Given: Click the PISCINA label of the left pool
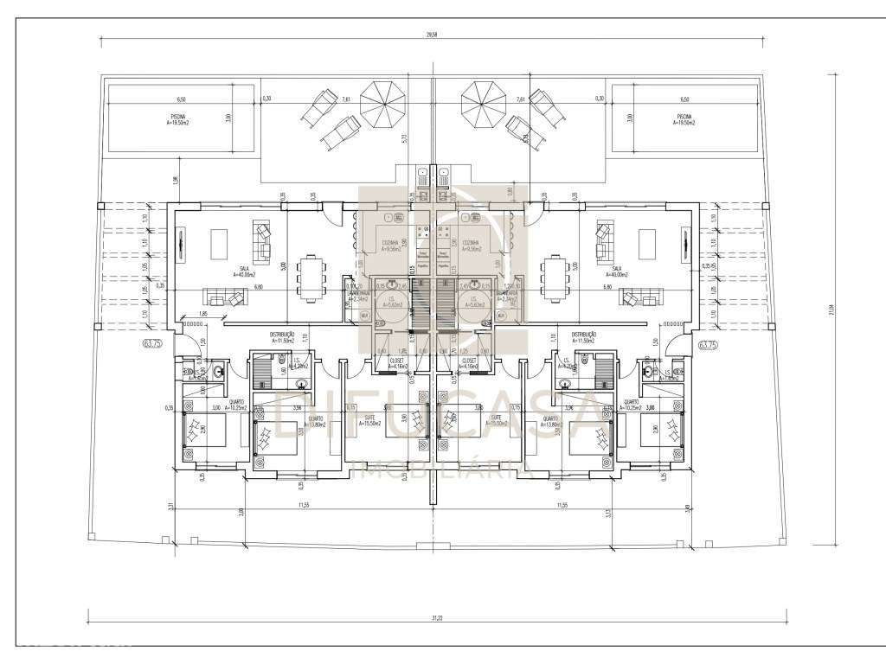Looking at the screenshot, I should point(177,116).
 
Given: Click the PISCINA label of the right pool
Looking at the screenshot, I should point(684,116).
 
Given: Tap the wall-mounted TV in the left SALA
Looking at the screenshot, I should point(181,244).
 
